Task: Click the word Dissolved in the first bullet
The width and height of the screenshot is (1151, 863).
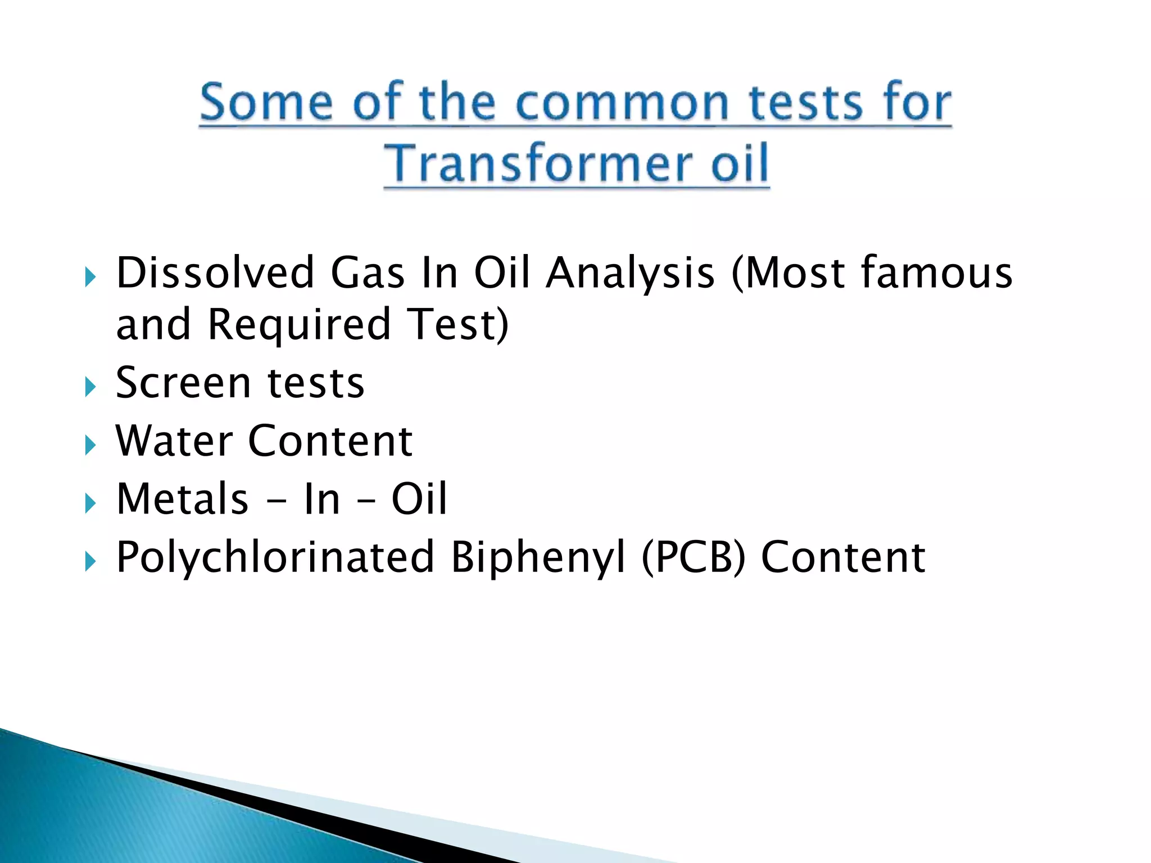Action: click(215, 273)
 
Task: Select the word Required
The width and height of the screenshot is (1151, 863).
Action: click(299, 326)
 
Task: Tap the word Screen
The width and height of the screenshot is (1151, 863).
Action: click(183, 383)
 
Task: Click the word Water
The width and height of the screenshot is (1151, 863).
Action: click(174, 442)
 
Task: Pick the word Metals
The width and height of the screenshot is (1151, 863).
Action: click(182, 499)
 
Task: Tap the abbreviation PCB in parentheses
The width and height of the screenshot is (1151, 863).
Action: click(693, 558)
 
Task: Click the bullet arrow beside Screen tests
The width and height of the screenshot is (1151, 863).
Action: click(90, 387)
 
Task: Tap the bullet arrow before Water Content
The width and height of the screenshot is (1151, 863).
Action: click(90, 446)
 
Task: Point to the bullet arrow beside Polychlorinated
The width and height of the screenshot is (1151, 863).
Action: click(90, 561)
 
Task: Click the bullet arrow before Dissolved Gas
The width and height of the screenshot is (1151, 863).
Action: click(90, 277)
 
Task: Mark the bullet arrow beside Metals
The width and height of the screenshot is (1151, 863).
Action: click(90, 503)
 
